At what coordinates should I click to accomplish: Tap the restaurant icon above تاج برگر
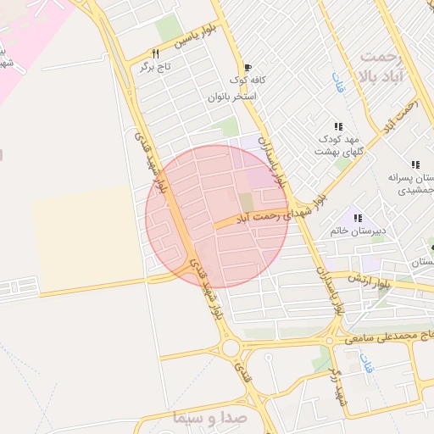tap(155, 53)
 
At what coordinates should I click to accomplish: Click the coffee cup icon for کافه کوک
tap(248, 68)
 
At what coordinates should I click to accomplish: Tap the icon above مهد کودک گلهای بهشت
tap(338, 125)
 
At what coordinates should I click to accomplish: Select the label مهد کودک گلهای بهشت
tap(338, 144)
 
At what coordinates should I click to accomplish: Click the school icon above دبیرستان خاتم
tap(357, 217)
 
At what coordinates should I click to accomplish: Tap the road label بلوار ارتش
tap(372, 282)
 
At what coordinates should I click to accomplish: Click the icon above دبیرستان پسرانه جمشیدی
tap(415, 164)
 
